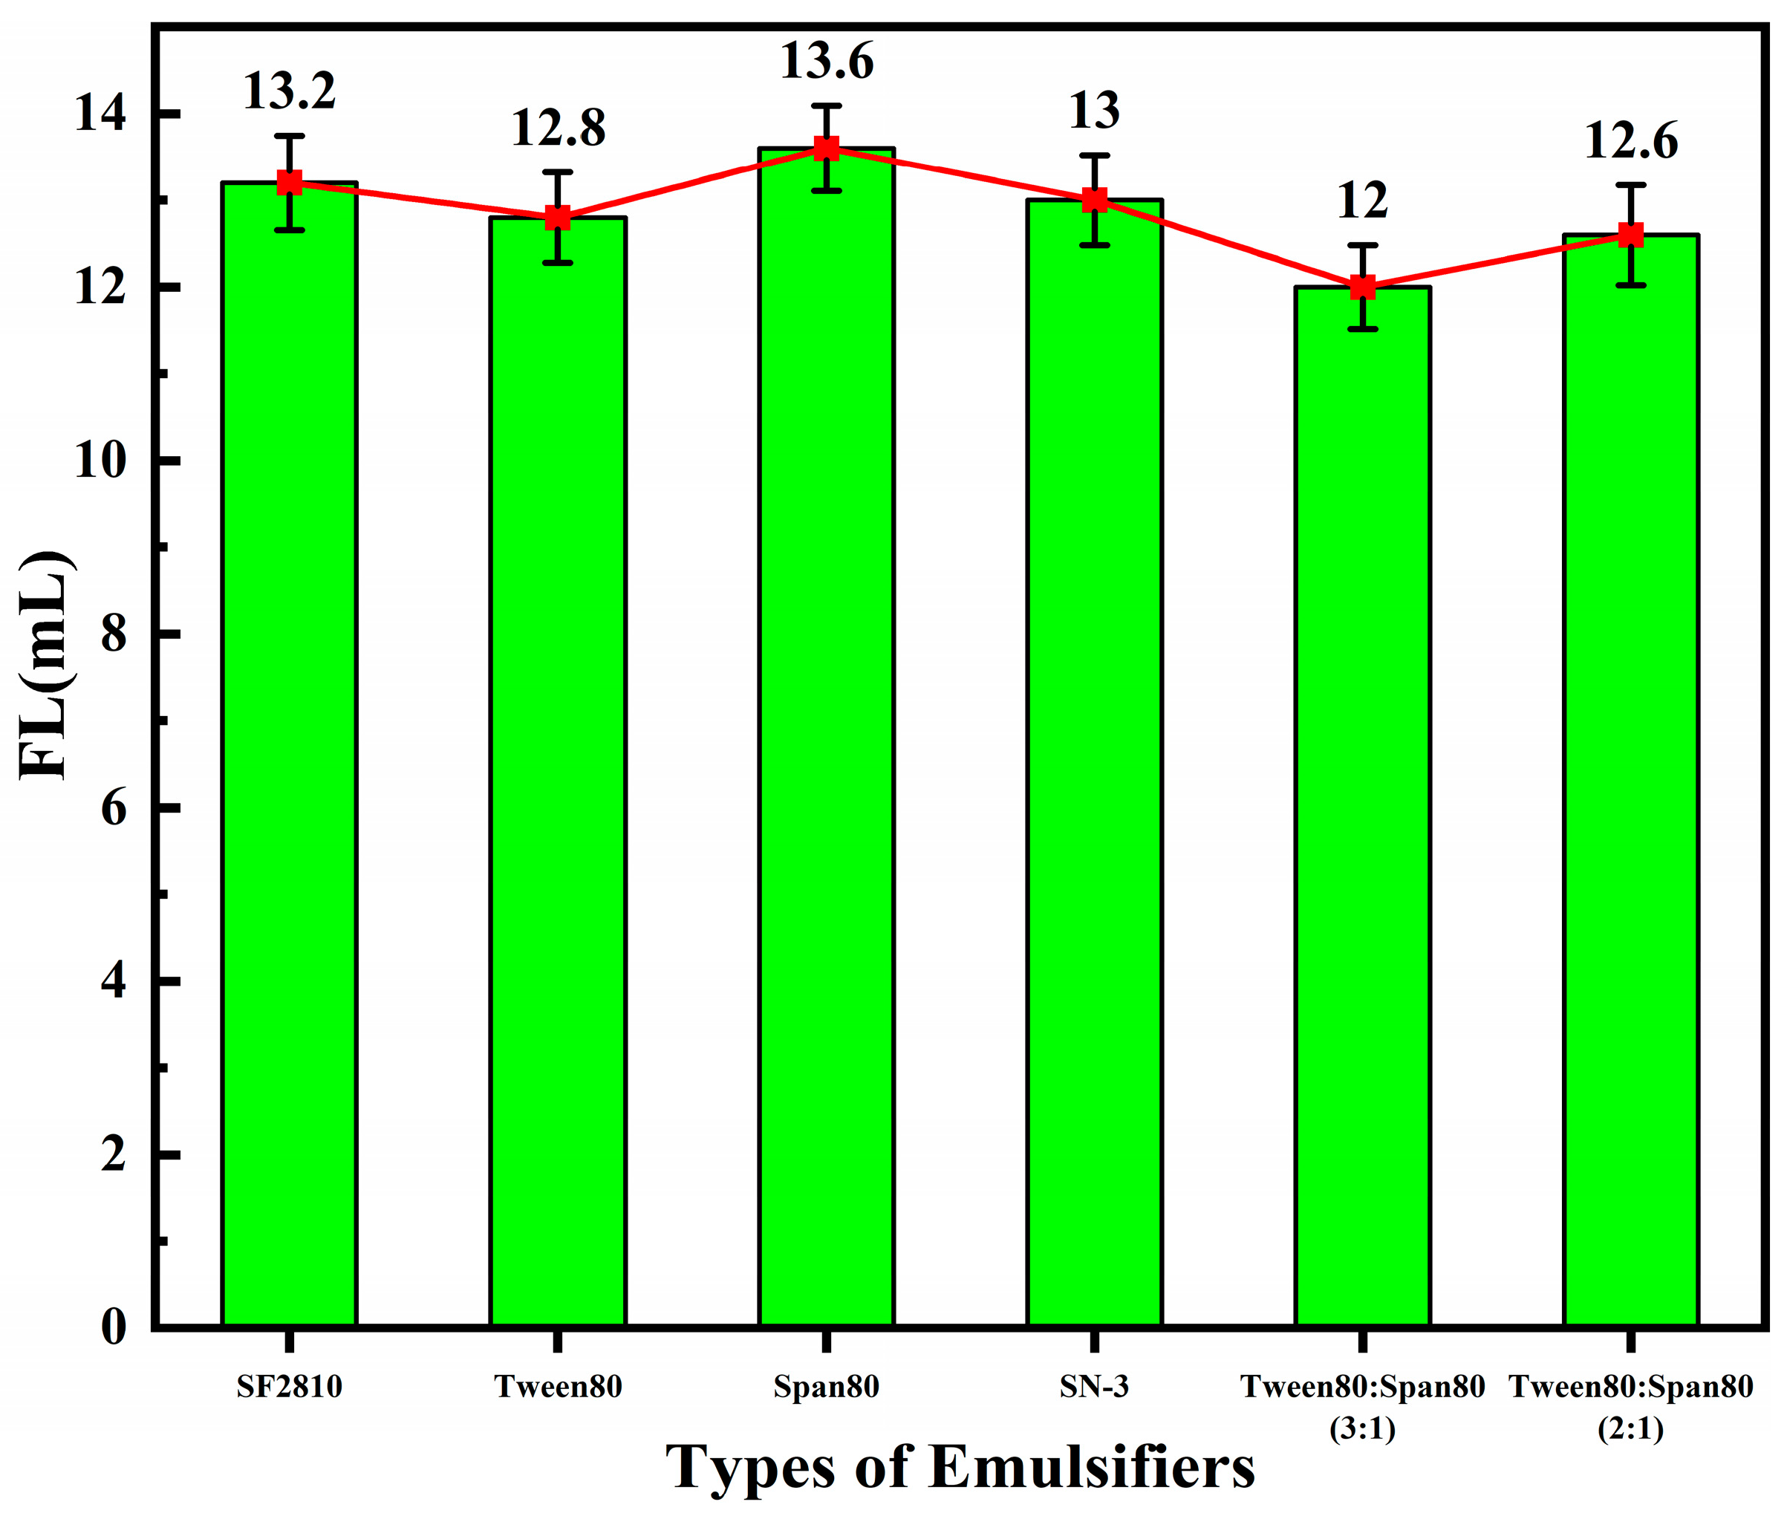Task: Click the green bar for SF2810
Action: (290, 758)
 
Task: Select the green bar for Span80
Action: (826, 741)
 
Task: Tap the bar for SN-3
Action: (1094, 767)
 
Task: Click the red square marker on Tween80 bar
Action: (558, 218)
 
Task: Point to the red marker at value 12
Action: (1362, 287)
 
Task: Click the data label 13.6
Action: (826, 62)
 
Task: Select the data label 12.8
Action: (558, 129)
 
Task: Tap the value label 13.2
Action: (290, 92)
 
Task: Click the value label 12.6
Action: (1630, 142)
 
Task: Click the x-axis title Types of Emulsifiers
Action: (960, 1466)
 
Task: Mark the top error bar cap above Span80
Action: (826, 106)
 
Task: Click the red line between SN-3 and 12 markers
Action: (1228, 244)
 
